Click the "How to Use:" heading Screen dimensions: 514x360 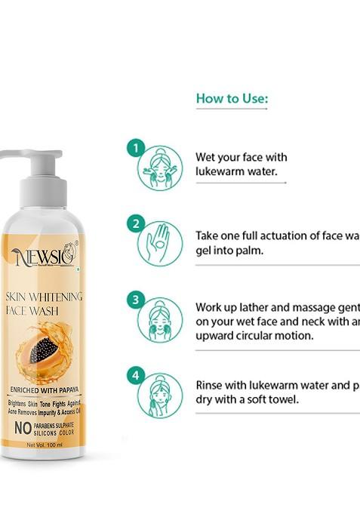click(x=232, y=99)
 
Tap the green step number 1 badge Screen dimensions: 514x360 click(x=136, y=148)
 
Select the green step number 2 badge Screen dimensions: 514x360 click(x=136, y=223)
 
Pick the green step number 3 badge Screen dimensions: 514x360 click(x=136, y=300)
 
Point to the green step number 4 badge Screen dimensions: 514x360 click(x=136, y=375)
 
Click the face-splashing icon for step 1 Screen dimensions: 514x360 click(x=160, y=168)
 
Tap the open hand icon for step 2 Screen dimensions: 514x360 click(x=160, y=243)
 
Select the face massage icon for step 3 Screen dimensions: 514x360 click(x=160, y=319)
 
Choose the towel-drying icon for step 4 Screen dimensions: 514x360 click(x=160, y=394)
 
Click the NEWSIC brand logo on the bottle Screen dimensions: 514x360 click(x=45, y=255)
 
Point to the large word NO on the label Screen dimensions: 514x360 click(x=23, y=429)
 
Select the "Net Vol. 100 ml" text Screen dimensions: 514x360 click(x=45, y=445)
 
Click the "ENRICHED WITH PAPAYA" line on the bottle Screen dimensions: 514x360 click(x=45, y=389)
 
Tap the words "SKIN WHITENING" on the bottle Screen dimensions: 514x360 click(x=45, y=295)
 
